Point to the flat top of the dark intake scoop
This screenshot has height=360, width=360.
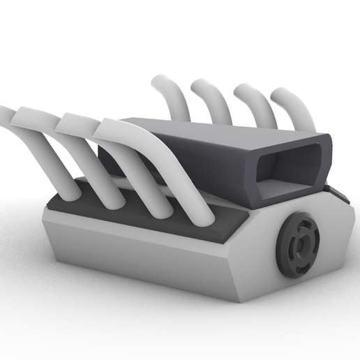coord(209,129)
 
